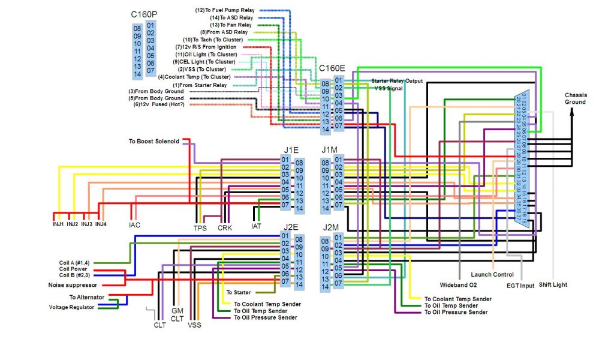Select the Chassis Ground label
point(575,98)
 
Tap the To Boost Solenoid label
point(153,142)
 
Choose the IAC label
point(134,225)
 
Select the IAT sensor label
point(256,227)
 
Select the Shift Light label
point(552,284)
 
